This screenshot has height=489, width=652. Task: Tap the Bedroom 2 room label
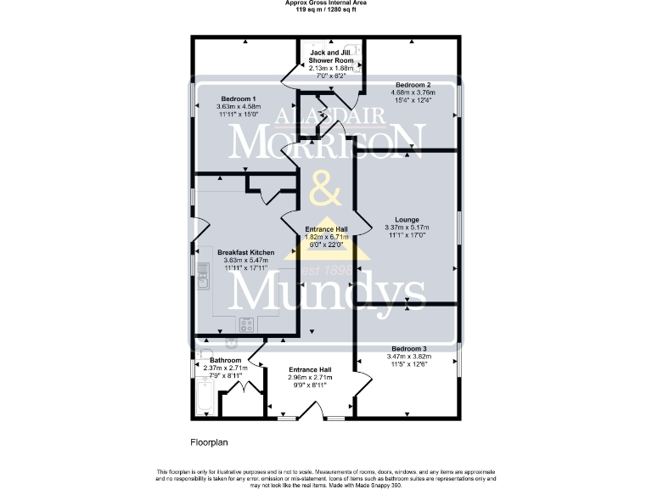(412, 85)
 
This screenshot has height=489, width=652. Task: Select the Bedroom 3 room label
(408, 349)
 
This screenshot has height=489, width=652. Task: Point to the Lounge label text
(407, 219)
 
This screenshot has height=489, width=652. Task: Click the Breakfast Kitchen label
(244, 253)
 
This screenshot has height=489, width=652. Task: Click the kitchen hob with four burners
(248, 323)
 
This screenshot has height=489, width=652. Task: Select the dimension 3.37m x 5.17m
(407, 228)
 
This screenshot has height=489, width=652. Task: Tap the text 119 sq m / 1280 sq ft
(326, 9)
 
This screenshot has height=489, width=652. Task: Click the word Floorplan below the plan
(208, 442)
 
